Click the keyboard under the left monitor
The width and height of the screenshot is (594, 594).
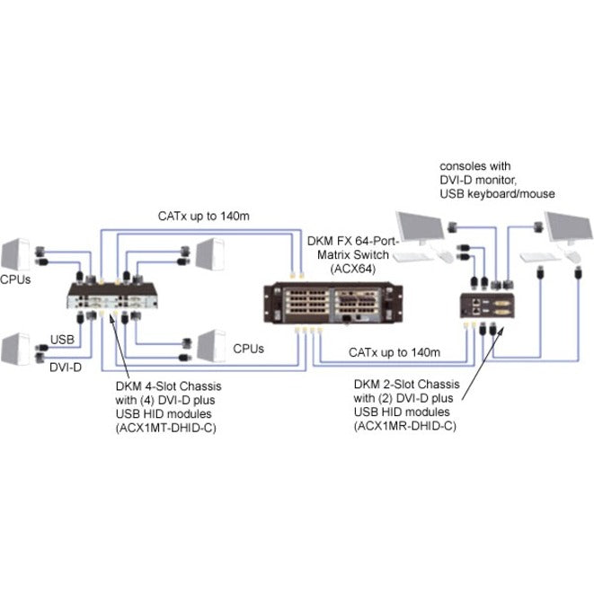click(x=414, y=256)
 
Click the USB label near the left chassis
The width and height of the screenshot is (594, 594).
click(x=60, y=340)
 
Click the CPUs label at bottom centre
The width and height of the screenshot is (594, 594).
click(x=249, y=349)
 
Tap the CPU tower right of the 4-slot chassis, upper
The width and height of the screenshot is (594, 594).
click(x=208, y=255)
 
